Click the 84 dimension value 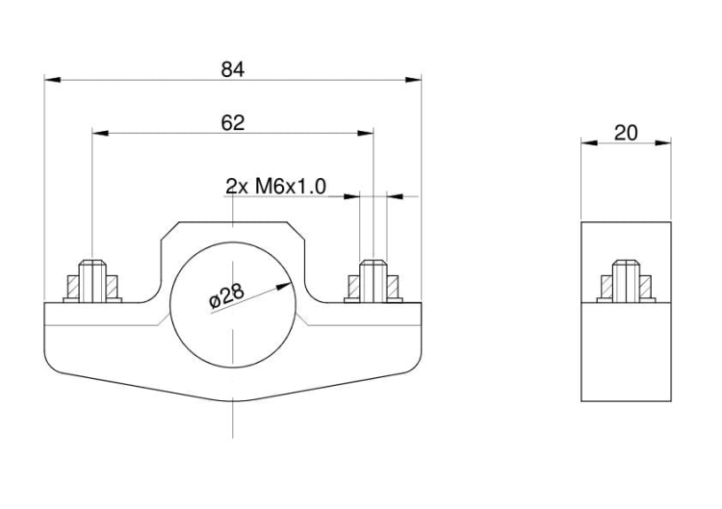233,70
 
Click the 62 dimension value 233,123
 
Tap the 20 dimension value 626,133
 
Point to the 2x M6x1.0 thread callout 276,187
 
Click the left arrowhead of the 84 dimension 53,80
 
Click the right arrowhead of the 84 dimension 413,80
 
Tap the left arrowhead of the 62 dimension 100,133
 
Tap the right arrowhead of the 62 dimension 366,133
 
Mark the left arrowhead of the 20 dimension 589,143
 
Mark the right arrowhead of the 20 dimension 663,143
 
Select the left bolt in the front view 92,281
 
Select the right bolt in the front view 373,281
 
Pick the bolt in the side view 626,281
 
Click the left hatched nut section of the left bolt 73,287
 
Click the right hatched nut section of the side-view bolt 646,287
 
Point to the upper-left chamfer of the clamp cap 169,231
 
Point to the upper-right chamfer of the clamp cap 296,231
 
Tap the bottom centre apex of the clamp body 233,401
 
